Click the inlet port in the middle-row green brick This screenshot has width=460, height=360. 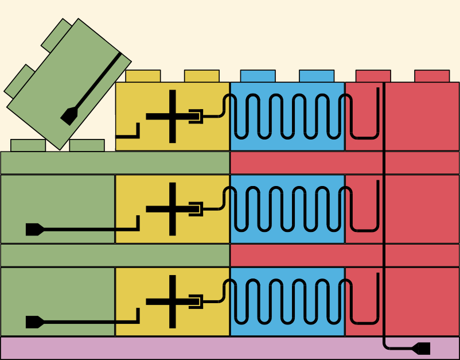34,229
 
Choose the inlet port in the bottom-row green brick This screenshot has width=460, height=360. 34,322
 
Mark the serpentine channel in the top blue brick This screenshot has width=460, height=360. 287,117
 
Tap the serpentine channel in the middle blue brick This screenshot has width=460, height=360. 287,209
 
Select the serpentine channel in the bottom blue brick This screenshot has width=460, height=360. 287,302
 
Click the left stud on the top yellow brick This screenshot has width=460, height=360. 143,76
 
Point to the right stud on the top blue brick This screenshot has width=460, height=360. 316,76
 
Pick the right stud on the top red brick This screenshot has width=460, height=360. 431,76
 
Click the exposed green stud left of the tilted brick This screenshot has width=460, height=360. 28,145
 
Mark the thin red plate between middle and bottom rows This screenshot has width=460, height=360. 344,255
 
